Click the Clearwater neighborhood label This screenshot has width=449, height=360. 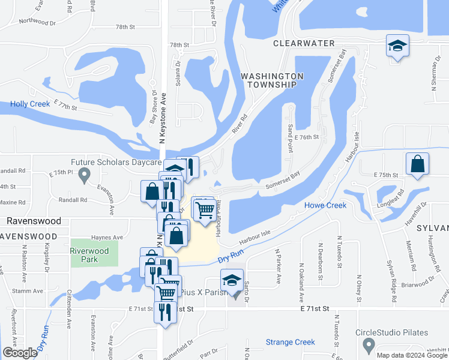304,44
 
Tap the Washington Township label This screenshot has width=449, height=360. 272,80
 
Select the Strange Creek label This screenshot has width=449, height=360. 291,343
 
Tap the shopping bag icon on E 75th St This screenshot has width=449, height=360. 417,164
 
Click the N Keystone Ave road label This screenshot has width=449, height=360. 161,120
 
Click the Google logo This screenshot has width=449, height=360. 20,353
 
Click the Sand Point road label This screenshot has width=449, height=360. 290,121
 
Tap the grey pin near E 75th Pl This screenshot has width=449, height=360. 85,176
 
